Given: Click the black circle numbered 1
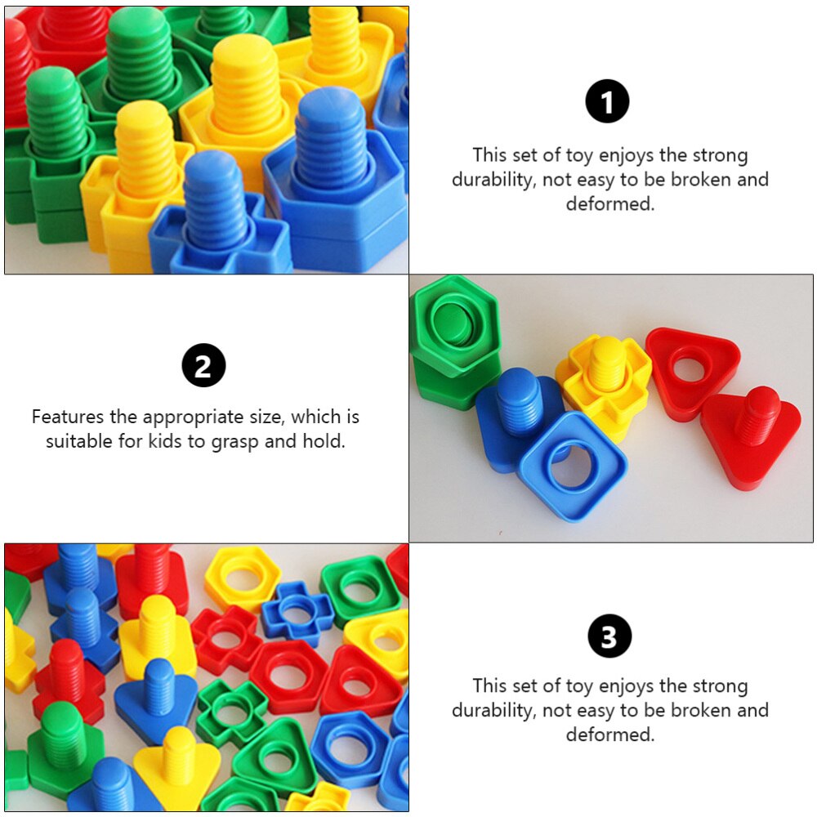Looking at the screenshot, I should [607, 102].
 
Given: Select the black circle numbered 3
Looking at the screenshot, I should [609, 636].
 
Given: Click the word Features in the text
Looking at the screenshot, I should [68, 417].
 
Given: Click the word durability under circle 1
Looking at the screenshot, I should [495, 179].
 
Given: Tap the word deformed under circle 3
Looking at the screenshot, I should [610, 734].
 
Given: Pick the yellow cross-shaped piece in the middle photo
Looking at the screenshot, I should [603, 381].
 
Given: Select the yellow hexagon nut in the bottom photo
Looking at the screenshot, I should [242, 577].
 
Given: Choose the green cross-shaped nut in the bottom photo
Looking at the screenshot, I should [230, 712].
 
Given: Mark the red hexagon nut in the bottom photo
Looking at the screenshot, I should [287, 676].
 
